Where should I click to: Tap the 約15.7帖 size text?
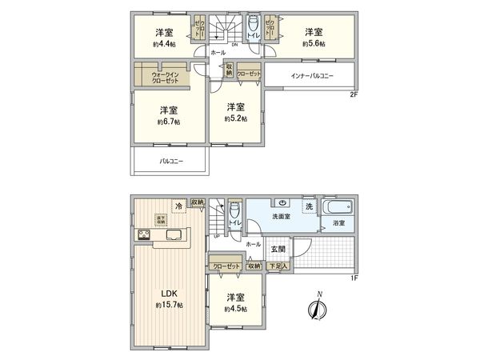pyautogui.click(x=169, y=306)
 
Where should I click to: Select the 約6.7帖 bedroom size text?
pyautogui.click(x=168, y=122)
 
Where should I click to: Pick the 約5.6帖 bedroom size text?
pyautogui.click(x=313, y=43)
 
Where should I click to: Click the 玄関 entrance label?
pyautogui.click(x=277, y=249)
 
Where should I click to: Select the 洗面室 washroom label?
pyautogui.click(x=278, y=215)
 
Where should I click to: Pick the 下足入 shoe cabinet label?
pyautogui.click(x=278, y=266)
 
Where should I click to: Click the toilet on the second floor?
pyautogui.click(x=253, y=23)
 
